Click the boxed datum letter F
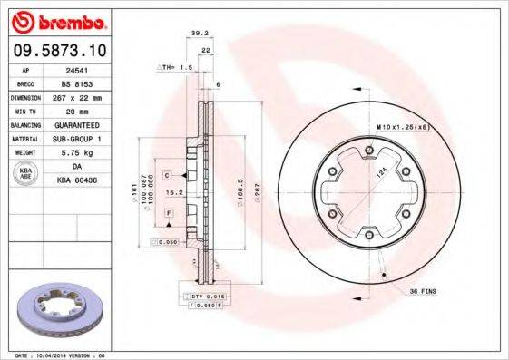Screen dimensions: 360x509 click(x=169, y=212)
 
